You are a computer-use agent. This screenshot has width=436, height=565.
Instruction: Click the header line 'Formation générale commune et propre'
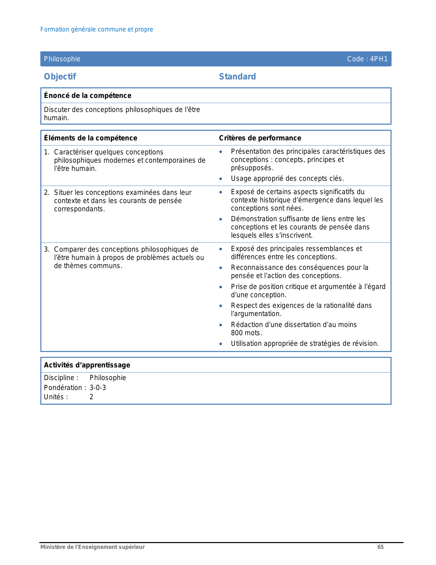pyautogui.click(x=96, y=29)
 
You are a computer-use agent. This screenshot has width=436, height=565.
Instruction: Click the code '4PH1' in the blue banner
pyautogui.click(x=379, y=59)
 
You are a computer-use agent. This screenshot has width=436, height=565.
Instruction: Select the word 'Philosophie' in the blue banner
pyautogui.click(x=62, y=59)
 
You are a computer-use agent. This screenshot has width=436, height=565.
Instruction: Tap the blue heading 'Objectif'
pyautogui.click(x=60, y=77)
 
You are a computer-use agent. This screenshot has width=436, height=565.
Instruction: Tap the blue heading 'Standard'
pyautogui.click(x=237, y=77)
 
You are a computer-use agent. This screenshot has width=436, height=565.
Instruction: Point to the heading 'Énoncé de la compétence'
pyautogui.click(x=88, y=96)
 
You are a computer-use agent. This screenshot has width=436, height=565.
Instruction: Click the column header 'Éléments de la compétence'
pyautogui.click(x=91, y=138)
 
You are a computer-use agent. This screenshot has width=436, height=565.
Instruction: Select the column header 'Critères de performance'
pyautogui.click(x=260, y=138)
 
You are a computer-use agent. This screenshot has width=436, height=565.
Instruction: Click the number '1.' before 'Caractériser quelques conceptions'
pyautogui.click(x=47, y=152)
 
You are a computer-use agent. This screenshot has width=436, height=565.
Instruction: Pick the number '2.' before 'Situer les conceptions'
pyautogui.click(x=47, y=192)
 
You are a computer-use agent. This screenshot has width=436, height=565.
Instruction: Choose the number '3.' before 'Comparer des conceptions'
pyautogui.click(x=47, y=249)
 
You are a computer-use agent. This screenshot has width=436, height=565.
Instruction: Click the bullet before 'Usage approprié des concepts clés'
pyautogui.click(x=221, y=179)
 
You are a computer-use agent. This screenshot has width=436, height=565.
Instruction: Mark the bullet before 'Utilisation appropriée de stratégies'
pyautogui.click(x=221, y=344)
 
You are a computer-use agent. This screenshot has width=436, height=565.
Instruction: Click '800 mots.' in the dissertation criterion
pyautogui.click(x=246, y=333)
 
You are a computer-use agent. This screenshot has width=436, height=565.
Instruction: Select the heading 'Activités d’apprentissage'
pyautogui.click(x=87, y=365)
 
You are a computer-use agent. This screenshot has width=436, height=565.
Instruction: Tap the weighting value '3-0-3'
pyautogui.click(x=98, y=388)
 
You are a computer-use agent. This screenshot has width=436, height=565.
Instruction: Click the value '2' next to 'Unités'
pyautogui.click(x=91, y=397)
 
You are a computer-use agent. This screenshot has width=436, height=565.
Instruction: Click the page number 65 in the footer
pyautogui.click(x=380, y=547)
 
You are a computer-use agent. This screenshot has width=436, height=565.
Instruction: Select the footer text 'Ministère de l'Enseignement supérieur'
pyautogui.click(x=93, y=547)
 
